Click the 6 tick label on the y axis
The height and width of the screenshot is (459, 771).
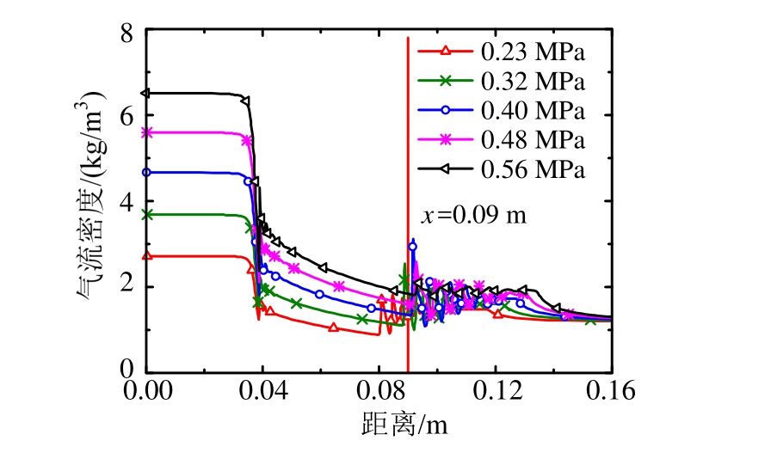click(126, 118)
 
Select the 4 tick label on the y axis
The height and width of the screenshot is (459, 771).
click(126, 202)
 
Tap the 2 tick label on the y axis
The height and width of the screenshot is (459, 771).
click(126, 286)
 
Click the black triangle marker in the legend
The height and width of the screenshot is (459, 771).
click(446, 169)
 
